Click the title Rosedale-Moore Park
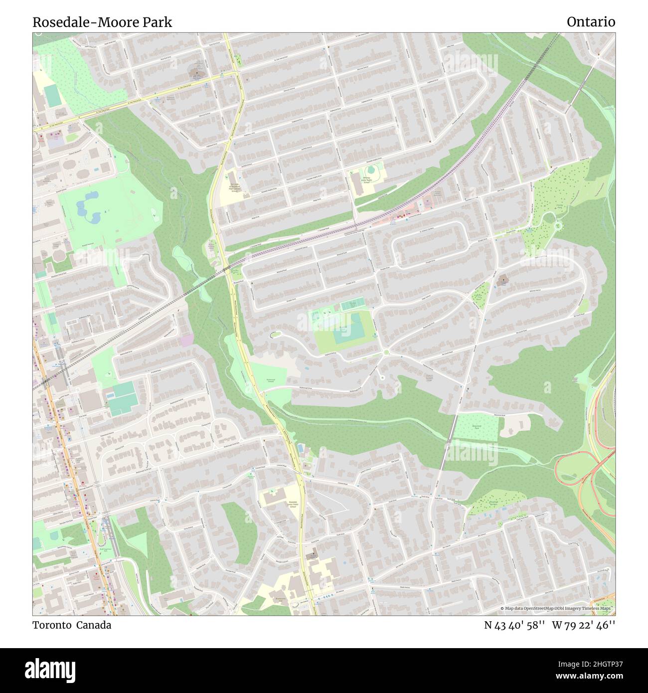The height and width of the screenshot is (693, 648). tap(102, 22)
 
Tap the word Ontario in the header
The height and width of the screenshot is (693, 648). tap(591, 22)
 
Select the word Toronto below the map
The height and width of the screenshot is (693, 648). tap(52, 625)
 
